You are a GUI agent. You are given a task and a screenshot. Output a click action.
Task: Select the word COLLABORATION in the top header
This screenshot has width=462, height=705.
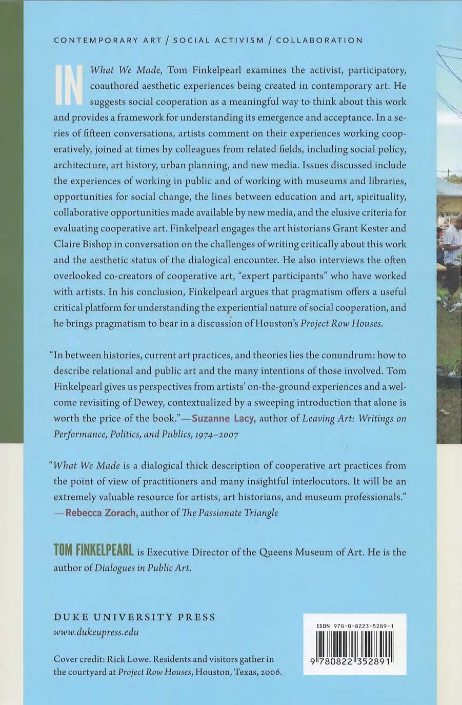point(319,40)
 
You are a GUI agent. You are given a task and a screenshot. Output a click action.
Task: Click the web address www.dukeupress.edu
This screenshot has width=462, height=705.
point(96,632)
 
